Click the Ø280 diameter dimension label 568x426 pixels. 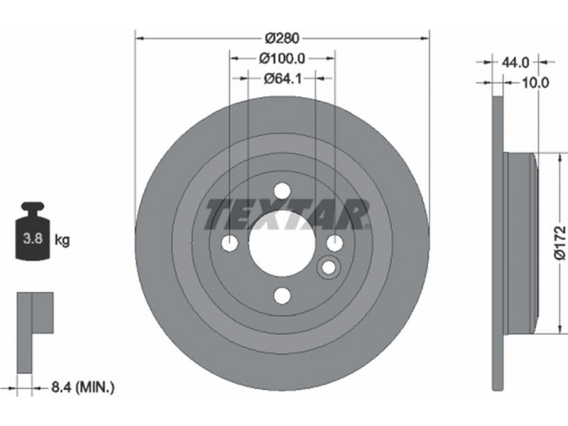282,38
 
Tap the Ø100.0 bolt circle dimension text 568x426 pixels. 282,58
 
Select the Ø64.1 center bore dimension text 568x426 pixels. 283,78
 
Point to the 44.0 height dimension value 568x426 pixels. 515,62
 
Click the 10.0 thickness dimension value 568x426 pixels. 535,83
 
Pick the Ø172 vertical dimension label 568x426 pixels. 560,242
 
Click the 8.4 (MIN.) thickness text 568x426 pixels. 83,388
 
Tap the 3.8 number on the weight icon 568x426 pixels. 33,239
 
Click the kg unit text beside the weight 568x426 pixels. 62,240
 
